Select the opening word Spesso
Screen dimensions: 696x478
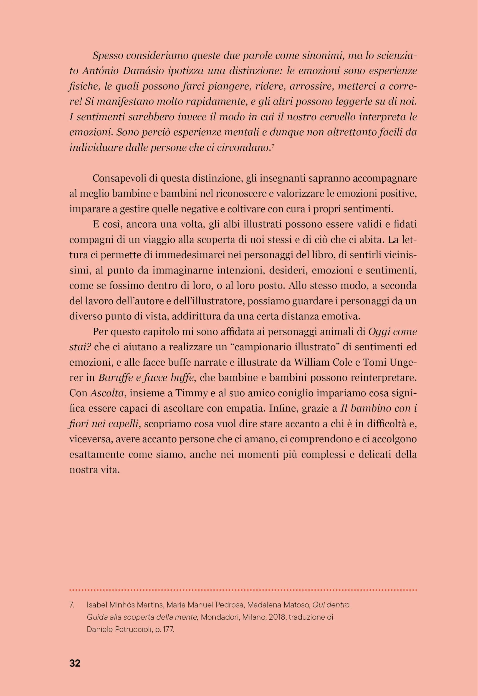tap(108, 56)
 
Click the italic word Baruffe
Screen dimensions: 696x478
tap(115, 378)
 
